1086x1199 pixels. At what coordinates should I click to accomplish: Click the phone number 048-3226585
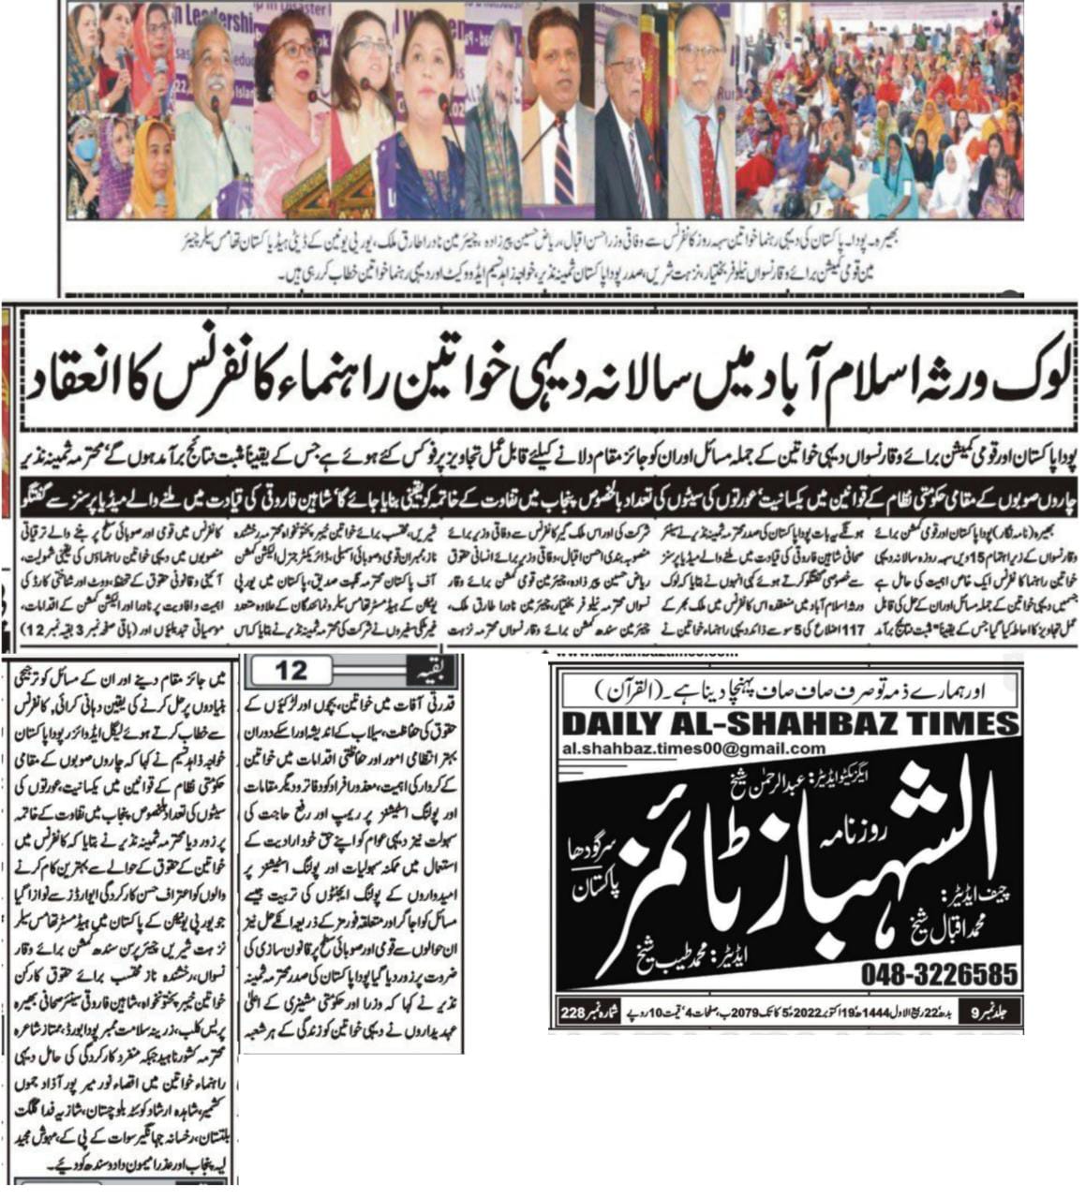click(x=939, y=974)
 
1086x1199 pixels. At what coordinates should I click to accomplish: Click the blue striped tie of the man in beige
click(x=562, y=169)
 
